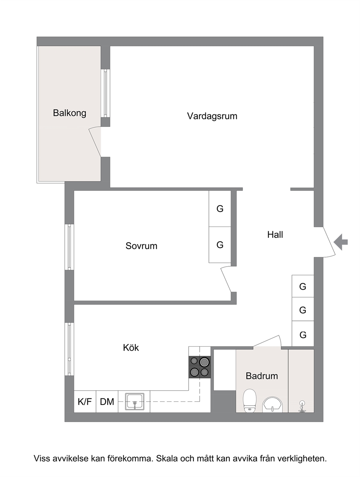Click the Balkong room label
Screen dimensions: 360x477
[70, 113]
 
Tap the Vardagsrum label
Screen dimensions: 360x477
[212, 116]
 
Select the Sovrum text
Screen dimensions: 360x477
[141, 246]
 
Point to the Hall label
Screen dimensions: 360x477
[275, 235]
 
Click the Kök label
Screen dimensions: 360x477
[131, 348]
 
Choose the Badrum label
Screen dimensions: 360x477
[262, 376]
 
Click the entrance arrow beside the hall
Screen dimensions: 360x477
[341, 242]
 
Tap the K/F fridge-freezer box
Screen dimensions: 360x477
[85, 402]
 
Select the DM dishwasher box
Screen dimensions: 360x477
[107, 402]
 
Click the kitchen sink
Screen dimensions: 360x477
[134, 402]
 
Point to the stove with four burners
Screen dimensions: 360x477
[200, 367]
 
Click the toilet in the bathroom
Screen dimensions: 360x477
[250, 400]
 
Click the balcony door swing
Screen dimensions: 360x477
[95, 141]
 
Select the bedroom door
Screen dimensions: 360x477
[226, 279]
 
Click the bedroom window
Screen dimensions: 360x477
[69, 247]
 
